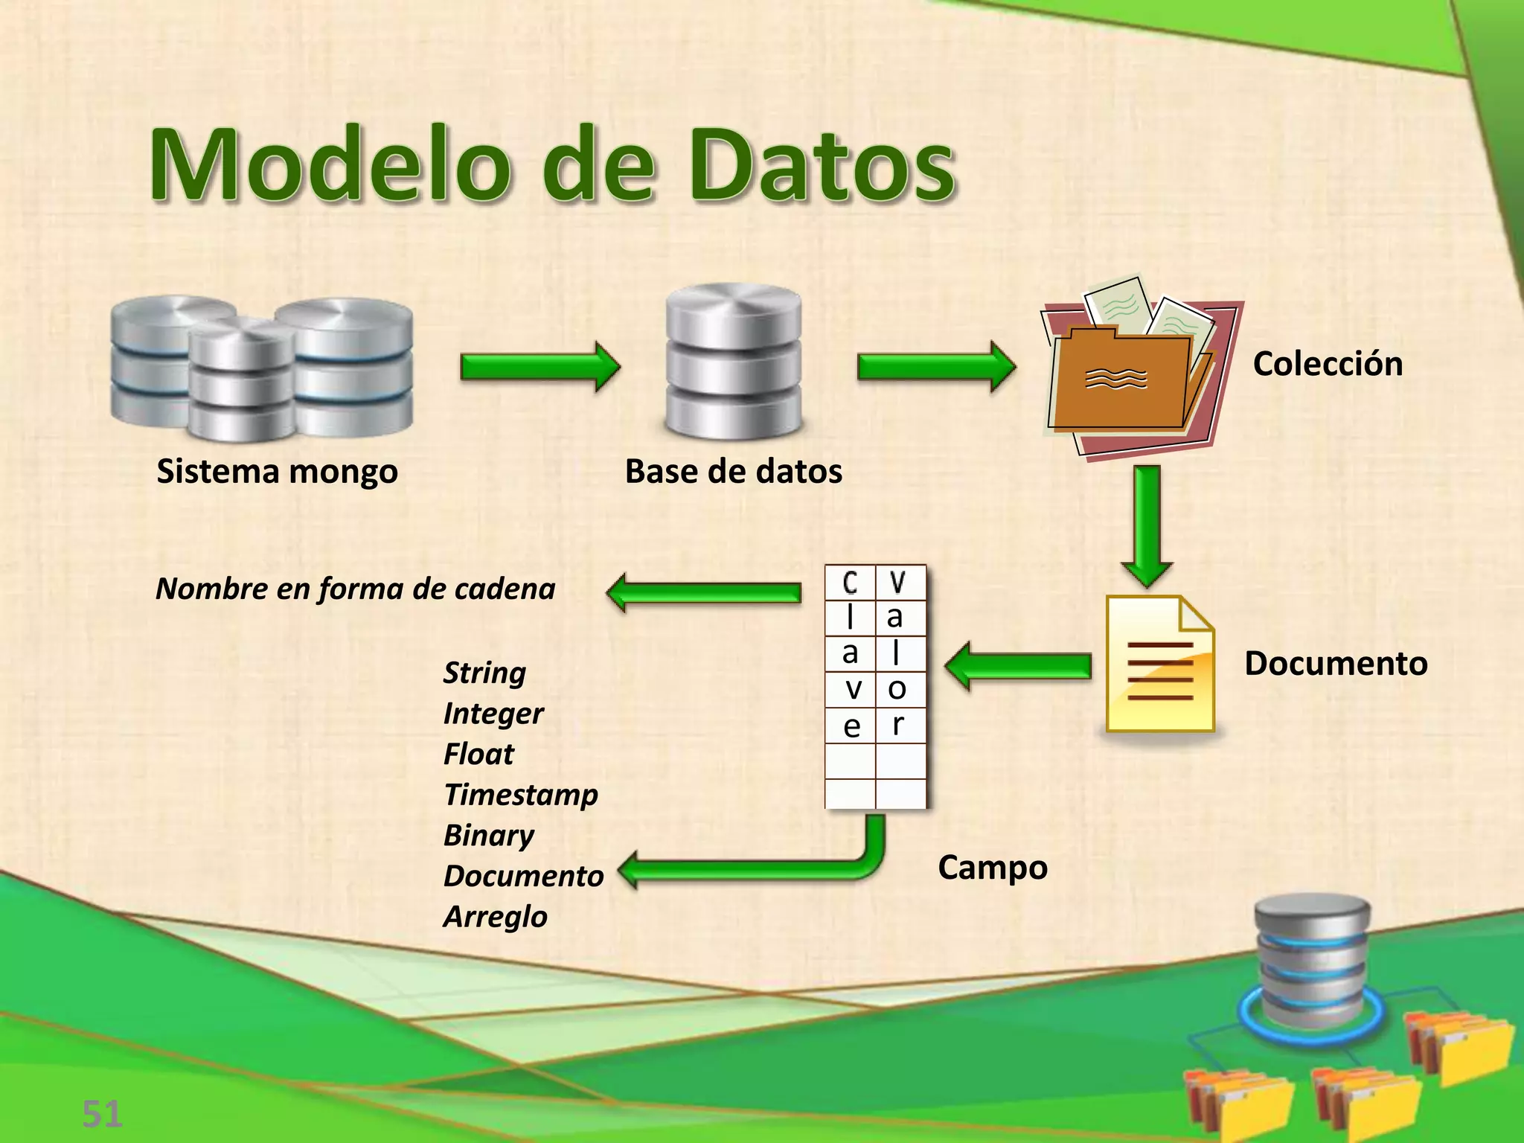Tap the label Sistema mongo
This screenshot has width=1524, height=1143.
(277, 471)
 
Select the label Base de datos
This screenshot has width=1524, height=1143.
(733, 471)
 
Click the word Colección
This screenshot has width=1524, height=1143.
(1328, 364)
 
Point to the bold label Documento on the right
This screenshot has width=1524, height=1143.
(1336, 663)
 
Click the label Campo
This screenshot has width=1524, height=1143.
(992, 868)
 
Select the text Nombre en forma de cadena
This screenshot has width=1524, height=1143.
(356, 589)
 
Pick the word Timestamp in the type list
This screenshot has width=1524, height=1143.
(521, 795)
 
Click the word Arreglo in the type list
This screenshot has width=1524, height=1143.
(496, 916)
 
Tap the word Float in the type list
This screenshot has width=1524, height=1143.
(478, 754)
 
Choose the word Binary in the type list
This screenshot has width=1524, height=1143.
(489, 835)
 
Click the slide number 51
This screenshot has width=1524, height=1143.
(102, 1115)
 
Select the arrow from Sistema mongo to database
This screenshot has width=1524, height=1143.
(540, 367)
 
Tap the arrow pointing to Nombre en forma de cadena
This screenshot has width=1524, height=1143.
(704, 592)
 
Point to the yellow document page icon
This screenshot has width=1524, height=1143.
(1159, 664)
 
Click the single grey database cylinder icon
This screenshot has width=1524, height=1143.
(734, 361)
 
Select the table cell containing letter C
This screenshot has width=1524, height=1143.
(850, 583)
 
